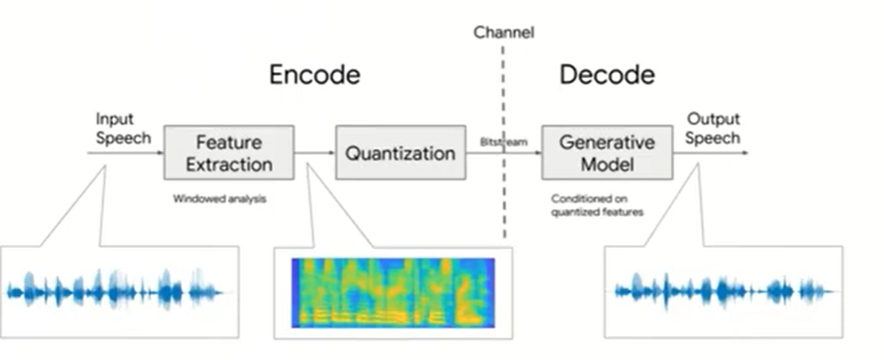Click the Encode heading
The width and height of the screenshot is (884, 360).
(x=315, y=75)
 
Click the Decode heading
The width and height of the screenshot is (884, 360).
(x=607, y=75)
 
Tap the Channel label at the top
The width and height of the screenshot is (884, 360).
(x=503, y=34)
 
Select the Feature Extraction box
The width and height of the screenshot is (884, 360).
(x=229, y=152)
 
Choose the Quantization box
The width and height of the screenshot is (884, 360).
(x=400, y=153)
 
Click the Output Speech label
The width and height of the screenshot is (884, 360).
(x=712, y=128)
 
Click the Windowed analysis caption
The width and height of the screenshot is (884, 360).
(x=220, y=199)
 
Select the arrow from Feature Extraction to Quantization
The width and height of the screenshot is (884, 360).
(x=315, y=153)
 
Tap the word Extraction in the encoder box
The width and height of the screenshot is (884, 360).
(x=229, y=164)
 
